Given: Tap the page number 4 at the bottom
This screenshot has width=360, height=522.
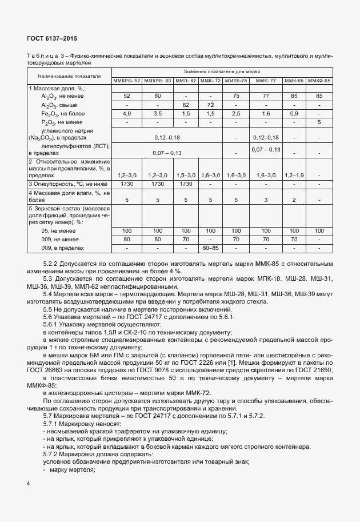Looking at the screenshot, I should (29, 484).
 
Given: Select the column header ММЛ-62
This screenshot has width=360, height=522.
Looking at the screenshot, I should (186, 81).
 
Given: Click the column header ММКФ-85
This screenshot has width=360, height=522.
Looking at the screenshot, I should (319, 81).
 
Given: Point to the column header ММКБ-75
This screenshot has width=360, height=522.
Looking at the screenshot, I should (236, 81).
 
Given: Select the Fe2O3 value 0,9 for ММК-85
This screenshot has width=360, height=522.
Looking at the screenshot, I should (294, 114).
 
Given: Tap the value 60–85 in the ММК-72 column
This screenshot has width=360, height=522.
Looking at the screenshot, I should (211, 248).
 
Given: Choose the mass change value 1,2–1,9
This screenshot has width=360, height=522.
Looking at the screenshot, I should (294, 175).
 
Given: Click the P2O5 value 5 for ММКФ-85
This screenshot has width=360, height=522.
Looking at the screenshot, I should (319, 122).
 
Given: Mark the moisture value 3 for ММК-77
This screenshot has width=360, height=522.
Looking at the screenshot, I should (266, 200).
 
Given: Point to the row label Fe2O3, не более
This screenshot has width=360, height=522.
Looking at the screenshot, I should (61, 114).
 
